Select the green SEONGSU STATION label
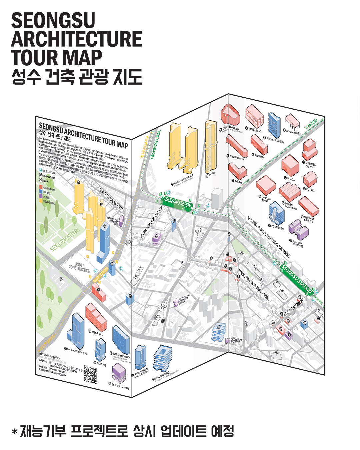[296, 279]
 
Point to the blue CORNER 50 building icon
[277, 213]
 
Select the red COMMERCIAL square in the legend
[41, 187]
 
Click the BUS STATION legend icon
[41, 171]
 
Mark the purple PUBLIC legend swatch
[41, 196]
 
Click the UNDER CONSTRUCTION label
[79, 268]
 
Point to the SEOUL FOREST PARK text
[65, 239]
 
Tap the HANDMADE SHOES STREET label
[269, 237]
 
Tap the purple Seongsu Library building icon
[119, 373]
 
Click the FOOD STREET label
[152, 221]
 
